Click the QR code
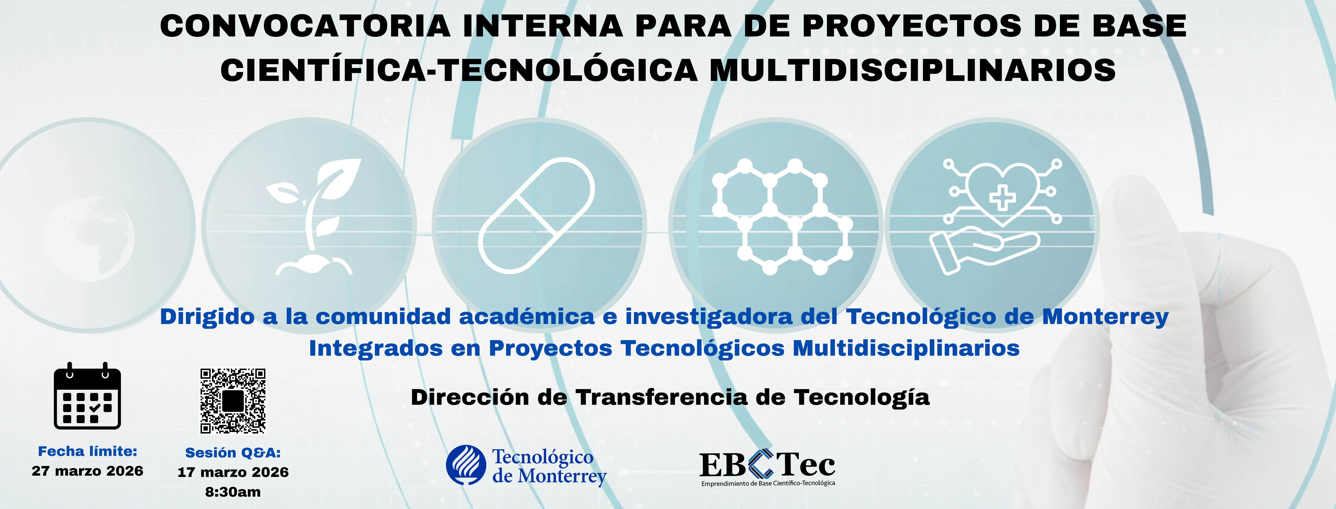click(233, 401)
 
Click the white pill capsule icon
click(536, 215)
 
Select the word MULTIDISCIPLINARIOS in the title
click(912, 70)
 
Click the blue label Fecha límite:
click(88, 451)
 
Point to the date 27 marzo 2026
click(88, 471)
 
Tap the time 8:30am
click(233, 492)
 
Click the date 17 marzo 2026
click(233, 472)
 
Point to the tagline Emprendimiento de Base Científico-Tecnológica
click(768, 484)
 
